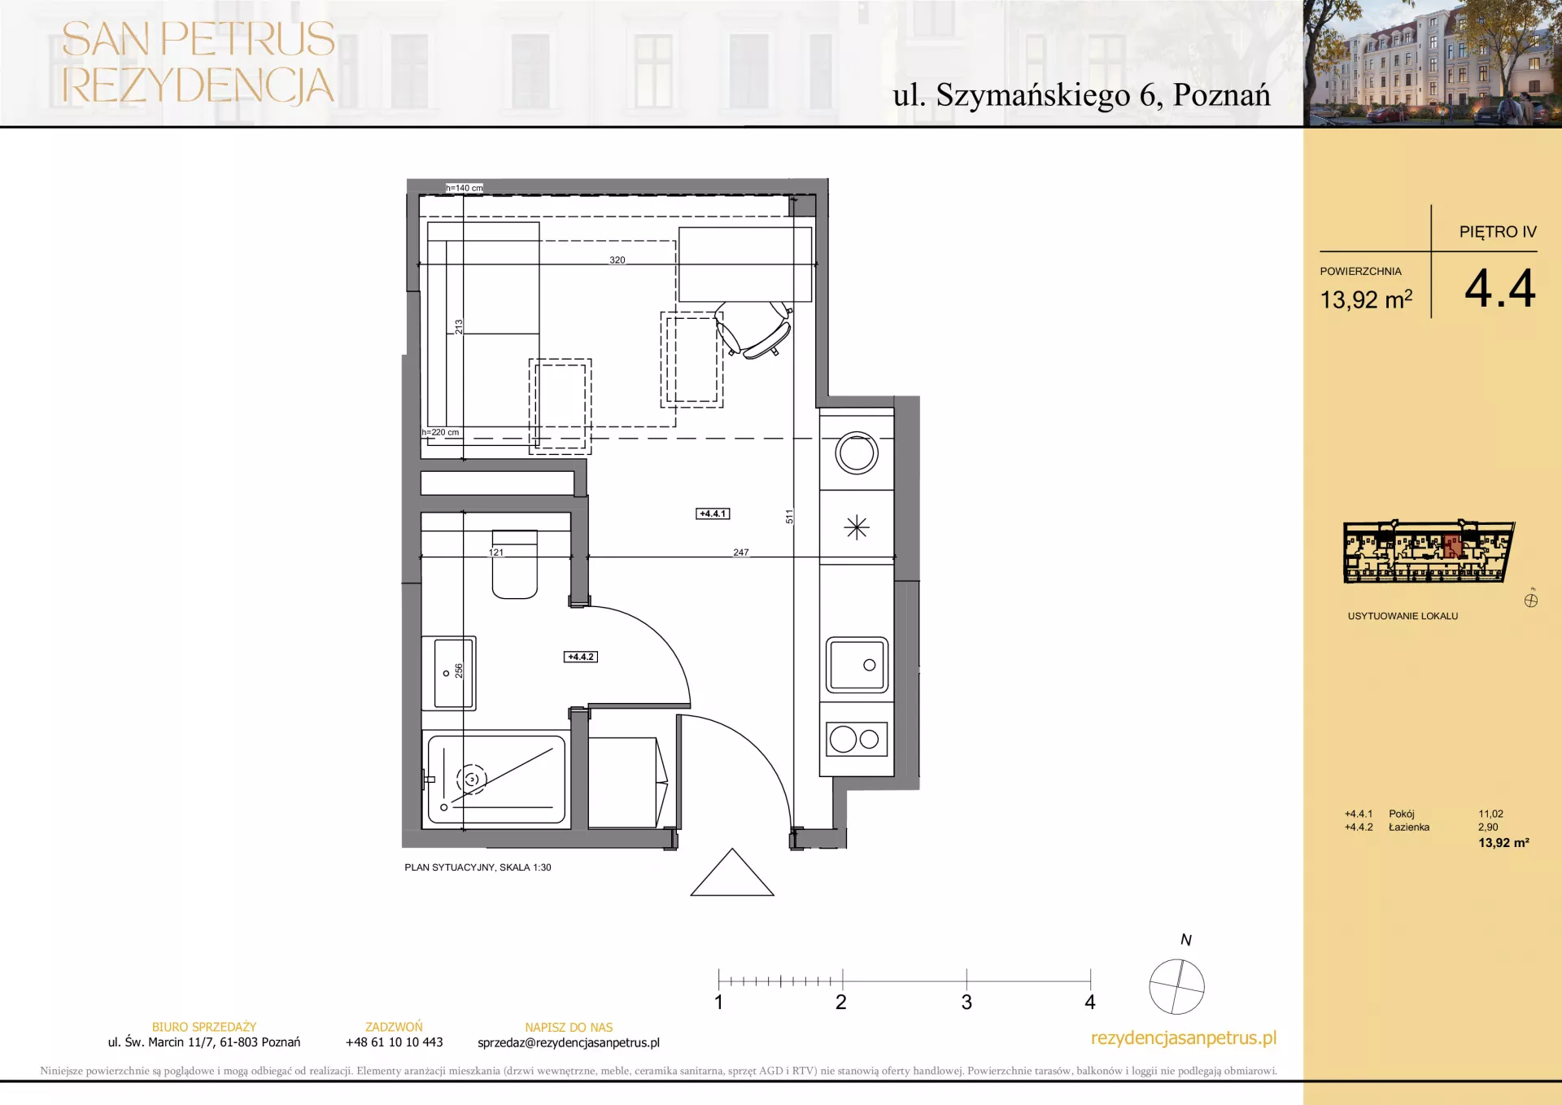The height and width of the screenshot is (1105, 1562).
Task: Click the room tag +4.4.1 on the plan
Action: (x=713, y=513)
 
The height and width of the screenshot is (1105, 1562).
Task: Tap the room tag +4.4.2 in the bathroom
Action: (x=581, y=657)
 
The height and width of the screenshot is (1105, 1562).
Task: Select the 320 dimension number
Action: (x=617, y=260)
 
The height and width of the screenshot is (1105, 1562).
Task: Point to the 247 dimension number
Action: (x=741, y=552)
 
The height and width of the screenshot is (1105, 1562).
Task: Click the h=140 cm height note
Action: (x=465, y=188)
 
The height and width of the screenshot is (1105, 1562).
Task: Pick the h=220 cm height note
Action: (x=441, y=432)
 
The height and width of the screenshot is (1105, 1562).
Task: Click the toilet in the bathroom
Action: (x=515, y=564)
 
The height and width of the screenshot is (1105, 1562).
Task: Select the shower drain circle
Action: (x=471, y=780)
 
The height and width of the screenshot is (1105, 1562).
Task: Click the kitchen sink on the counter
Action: (x=857, y=665)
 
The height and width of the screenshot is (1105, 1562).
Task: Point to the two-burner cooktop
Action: (x=857, y=739)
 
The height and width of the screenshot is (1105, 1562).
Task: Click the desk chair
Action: (x=753, y=329)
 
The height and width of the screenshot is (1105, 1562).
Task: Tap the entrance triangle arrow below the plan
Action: (x=732, y=872)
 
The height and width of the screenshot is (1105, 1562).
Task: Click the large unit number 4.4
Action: (x=1499, y=288)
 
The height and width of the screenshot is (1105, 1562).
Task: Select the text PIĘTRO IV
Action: (x=1498, y=232)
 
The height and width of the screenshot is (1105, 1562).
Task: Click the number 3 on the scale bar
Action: (x=966, y=1002)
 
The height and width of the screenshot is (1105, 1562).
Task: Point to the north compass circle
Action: (x=1176, y=986)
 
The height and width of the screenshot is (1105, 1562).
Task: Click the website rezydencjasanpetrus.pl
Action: (x=1184, y=1038)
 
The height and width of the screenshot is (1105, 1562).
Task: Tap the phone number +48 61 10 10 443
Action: (x=395, y=1042)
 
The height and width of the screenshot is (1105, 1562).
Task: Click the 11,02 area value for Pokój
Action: (x=1490, y=814)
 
